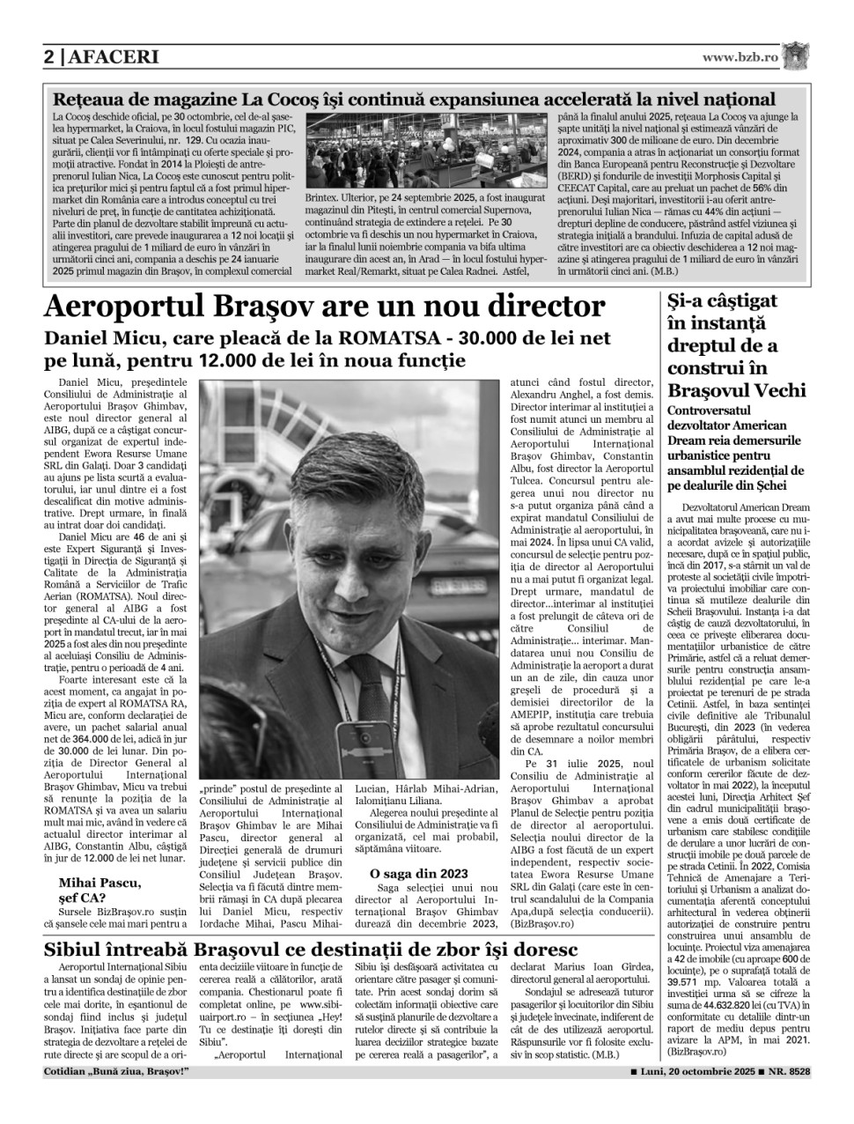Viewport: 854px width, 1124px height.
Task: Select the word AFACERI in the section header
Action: pos(113,57)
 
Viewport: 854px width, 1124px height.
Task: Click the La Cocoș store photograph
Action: pos(426,149)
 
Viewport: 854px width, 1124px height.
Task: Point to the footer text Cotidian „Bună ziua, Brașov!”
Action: pos(116,1071)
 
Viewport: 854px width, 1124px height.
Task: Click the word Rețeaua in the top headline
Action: pos(92,100)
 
